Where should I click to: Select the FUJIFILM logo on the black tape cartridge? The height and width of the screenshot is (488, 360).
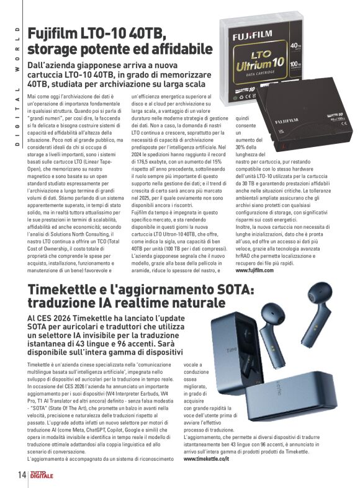(x=291, y=122)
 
